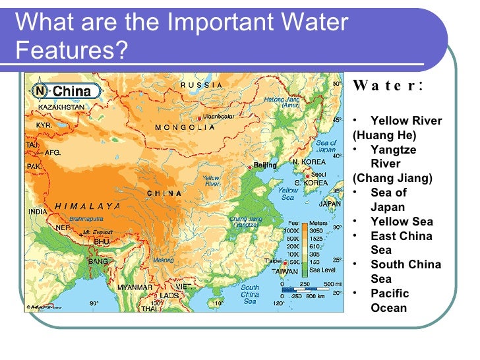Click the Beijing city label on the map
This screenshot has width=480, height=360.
[265, 165]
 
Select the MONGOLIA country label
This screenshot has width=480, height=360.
[185, 127]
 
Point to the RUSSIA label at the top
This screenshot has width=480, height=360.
[201, 85]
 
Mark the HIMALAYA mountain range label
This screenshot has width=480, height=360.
[88, 206]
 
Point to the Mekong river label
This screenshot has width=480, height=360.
[164, 260]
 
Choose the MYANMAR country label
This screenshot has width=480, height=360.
[135, 287]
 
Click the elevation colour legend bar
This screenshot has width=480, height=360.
[305, 249]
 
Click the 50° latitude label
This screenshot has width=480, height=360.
[337, 84]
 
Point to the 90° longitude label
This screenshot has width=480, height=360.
[94, 303]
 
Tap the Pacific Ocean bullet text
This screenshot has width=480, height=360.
[390, 300]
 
